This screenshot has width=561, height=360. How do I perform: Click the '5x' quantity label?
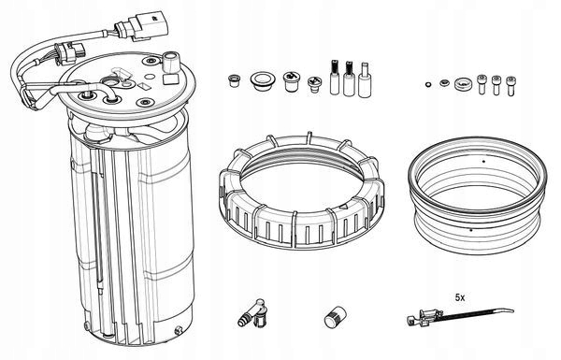460,296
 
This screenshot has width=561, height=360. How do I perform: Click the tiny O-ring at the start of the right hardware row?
428,87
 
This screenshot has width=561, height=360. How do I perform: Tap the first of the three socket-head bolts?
482,87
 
